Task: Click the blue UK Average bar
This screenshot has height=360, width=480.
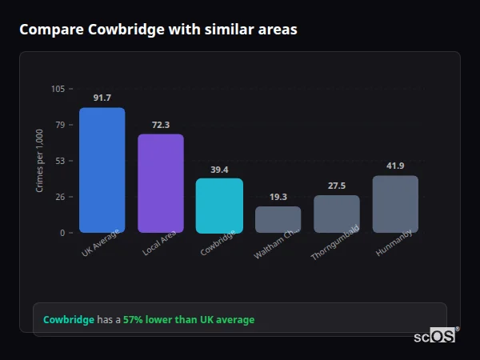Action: click(x=102, y=170)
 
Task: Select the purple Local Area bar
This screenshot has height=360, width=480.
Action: click(x=160, y=183)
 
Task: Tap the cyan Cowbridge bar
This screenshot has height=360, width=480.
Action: click(x=219, y=206)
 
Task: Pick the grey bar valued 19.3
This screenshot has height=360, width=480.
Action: click(x=278, y=219)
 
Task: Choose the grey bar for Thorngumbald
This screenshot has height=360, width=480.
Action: click(x=336, y=214)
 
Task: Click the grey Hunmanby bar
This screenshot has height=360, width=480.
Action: click(x=395, y=204)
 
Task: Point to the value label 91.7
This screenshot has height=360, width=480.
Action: click(x=102, y=98)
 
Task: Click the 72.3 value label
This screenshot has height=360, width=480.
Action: click(x=160, y=125)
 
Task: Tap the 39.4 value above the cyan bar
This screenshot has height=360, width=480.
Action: click(x=219, y=170)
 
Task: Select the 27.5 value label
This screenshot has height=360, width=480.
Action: click(x=336, y=186)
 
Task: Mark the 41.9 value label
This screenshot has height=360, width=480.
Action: click(x=395, y=166)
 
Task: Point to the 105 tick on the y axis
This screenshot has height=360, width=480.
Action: click(x=58, y=89)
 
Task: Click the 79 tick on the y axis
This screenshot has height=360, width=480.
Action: click(x=60, y=125)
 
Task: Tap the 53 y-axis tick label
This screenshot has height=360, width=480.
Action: click(x=60, y=161)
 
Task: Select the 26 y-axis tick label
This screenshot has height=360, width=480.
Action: click(x=60, y=197)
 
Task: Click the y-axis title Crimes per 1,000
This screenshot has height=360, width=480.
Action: click(x=39, y=161)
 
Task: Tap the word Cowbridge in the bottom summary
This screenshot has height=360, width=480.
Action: click(x=68, y=320)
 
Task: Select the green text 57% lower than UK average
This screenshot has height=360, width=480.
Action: click(x=189, y=320)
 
